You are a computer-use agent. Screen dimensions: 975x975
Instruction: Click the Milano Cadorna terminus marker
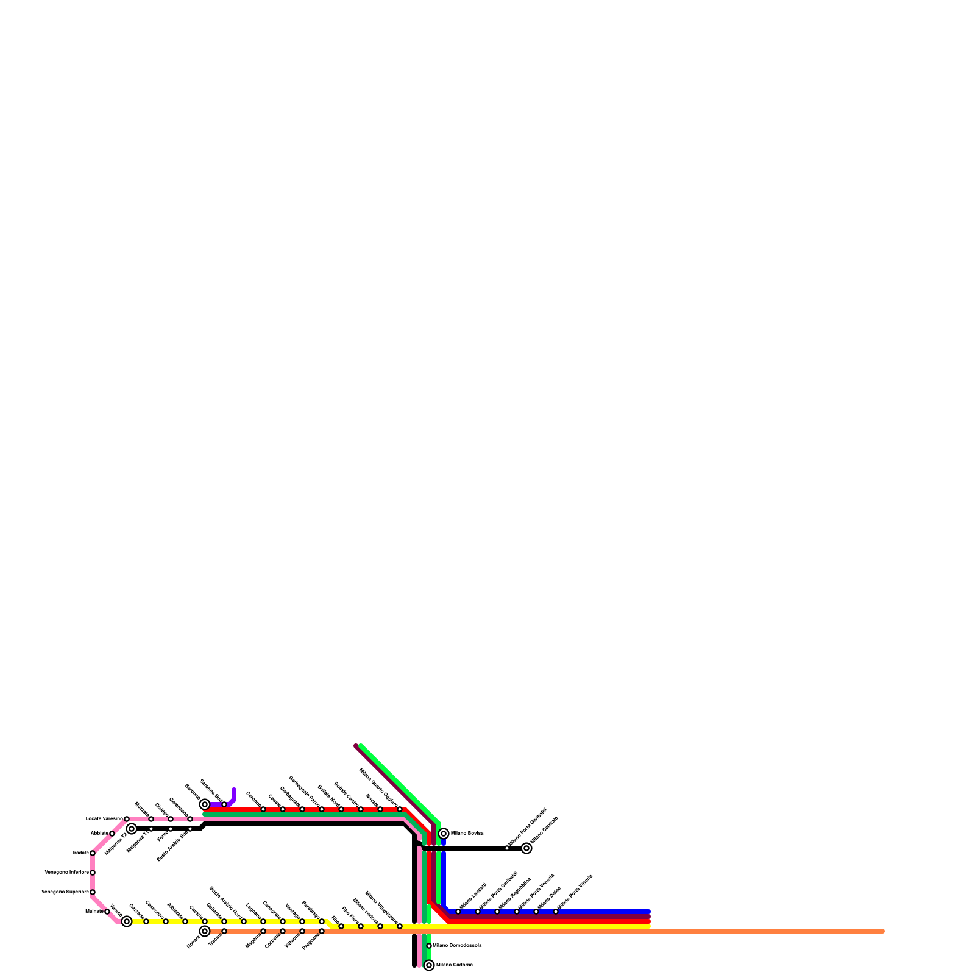click(x=429, y=965)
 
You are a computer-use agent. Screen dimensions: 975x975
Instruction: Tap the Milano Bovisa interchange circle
click(x=444, y=834)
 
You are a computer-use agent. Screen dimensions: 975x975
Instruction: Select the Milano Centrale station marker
click(x=526, y=848)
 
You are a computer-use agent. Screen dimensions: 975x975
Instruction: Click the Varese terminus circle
click(x=127, y=921)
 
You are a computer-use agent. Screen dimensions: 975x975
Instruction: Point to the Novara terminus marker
click(x=205, y=931)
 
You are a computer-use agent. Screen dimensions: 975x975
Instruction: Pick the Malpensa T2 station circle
click(x=132, y=829)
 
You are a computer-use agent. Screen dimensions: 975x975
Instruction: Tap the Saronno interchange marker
click(x=205, y=804)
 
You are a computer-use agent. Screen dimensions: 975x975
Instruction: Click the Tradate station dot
click(x=93, y=853)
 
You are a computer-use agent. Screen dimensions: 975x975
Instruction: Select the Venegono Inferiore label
click(x=66, y=873)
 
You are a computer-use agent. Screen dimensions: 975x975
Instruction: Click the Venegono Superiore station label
click(x=65, y=892)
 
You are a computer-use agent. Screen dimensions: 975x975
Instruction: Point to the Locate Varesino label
click(x=104, y=818)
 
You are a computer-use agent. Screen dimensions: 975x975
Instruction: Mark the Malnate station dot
click(x=107, y=912)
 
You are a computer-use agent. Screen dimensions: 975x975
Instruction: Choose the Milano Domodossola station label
click(x=457, y=946)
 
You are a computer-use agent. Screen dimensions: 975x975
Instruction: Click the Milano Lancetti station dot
click(x=458, y=912)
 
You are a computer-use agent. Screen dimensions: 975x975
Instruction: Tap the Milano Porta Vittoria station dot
click(x=556, y=912)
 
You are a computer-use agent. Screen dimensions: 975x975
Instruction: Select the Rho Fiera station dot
click(x=361, y=926)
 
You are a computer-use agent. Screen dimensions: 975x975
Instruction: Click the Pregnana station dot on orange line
click(x=322, y=931)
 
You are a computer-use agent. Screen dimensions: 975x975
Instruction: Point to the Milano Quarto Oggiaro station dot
click(x=400, y=809)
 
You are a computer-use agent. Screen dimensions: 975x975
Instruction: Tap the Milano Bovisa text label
click(x=467, y=834)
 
